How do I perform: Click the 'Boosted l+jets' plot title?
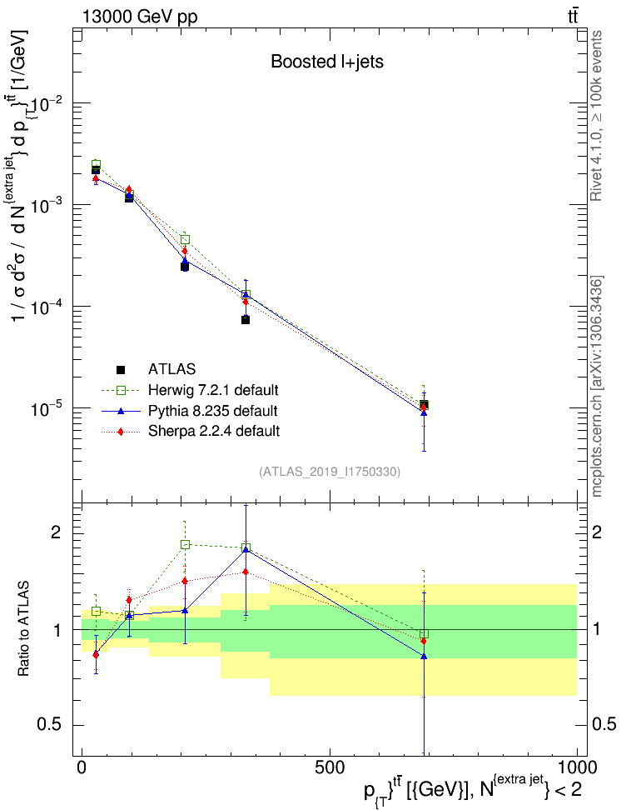[x=326, y=62]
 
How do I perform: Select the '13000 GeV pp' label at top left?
[x=139, y=16]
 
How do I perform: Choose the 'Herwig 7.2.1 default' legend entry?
[x=212, y=390]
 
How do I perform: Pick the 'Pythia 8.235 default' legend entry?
[x=212, y=411]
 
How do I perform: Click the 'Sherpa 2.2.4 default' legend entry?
[x=212, y=431]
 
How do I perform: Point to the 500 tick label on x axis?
[x=330, y=767]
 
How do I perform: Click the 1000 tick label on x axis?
[x=578, y=767]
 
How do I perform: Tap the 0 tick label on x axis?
[x=82, y=767]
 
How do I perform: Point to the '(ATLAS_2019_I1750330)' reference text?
[x=330, y=472]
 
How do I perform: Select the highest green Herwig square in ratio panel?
[x=186, y=544]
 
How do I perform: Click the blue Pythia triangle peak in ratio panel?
[x=246, y=549]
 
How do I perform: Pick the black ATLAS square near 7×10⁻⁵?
[x=246, y=320]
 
